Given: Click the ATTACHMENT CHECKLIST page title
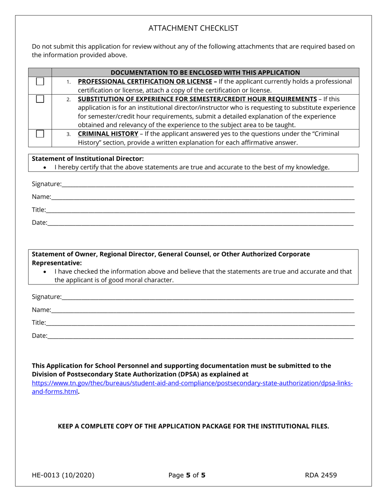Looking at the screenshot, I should pos(193,28).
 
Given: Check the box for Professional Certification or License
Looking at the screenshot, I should pos(40,82).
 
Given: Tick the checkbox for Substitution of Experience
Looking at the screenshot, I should pos(40,99).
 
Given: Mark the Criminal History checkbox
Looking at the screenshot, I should pos(40,134).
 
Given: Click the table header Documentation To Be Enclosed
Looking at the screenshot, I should pos(205,72).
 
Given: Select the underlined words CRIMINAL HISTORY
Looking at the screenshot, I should pos(108,134).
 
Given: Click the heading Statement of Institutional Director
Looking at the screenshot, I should pos(88,158).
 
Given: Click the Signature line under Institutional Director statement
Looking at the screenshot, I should pos(207,184).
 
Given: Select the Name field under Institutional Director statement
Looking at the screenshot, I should pos(202,197).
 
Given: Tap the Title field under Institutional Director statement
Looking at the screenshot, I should pos(200,210).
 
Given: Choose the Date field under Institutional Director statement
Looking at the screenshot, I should pos(200,223).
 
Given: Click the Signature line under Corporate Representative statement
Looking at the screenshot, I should pos(207,297).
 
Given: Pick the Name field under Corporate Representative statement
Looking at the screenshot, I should pos(202,310).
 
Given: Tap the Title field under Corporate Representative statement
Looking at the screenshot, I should pos(200,323).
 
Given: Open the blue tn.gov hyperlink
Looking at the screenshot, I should pos(192,383).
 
